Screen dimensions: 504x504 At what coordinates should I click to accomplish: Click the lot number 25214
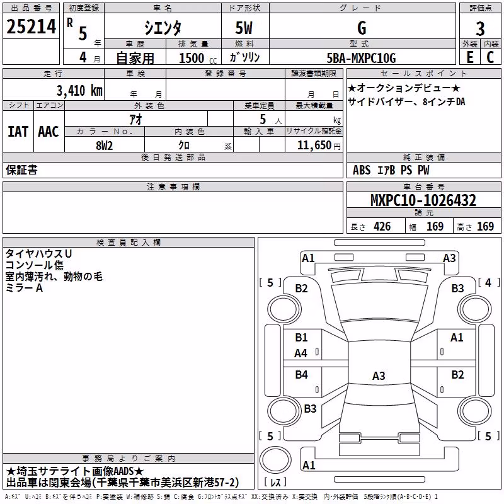(31, 26)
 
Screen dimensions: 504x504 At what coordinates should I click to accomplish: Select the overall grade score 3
(480, 29)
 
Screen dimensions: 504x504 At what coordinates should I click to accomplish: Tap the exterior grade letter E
(469, 57)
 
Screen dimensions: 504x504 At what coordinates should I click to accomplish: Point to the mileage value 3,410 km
(79, 91)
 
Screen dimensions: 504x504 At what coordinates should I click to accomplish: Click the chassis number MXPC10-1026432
(423, 200)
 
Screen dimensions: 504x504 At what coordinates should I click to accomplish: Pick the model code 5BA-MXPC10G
(361, 58)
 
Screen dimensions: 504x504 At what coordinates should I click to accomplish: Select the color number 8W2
(104, 146)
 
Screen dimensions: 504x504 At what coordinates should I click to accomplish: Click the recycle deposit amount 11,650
(314, 146)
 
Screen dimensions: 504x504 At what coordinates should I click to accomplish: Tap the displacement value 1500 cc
(198, 58)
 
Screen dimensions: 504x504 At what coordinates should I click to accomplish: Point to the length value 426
(382, 227)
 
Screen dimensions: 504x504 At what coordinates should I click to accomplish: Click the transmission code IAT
(18, 132)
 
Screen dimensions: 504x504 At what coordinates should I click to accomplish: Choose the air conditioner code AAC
(49, 132)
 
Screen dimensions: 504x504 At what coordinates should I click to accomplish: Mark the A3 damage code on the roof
(379, 375)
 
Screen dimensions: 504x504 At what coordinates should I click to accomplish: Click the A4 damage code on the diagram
(301, 353)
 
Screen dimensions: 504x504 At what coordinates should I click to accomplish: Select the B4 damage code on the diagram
(302, 374)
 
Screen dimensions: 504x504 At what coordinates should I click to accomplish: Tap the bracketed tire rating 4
(489, 282)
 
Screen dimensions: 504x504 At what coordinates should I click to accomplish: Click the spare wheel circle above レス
(275, 460)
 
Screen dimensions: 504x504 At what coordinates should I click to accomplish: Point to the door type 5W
(244, 28)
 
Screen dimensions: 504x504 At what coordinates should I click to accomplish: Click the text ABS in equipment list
(362, 170)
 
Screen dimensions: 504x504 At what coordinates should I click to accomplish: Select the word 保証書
(21, 170)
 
